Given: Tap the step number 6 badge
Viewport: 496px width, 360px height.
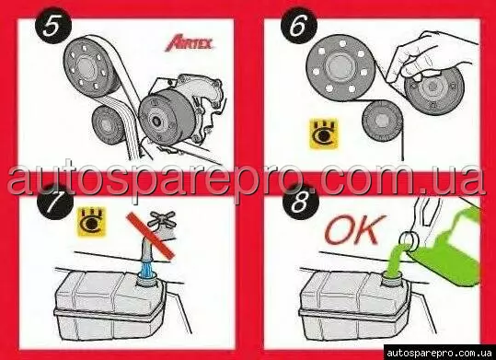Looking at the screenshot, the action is [299, 26].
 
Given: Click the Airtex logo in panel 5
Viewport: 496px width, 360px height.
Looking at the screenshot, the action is [190, 43].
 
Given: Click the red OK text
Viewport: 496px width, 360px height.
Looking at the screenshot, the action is [355, 229].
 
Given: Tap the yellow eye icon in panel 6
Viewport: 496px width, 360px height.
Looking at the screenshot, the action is [324, 134].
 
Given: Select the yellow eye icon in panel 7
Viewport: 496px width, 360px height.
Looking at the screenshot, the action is [91, 222].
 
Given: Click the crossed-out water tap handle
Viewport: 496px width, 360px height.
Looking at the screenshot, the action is [163, 219].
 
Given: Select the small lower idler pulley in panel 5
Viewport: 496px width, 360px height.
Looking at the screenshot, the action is [108, 125].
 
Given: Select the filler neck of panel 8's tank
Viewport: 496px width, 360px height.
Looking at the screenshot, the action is [391, 279].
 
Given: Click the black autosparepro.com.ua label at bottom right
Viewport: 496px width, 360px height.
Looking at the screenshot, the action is [440, 353].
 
